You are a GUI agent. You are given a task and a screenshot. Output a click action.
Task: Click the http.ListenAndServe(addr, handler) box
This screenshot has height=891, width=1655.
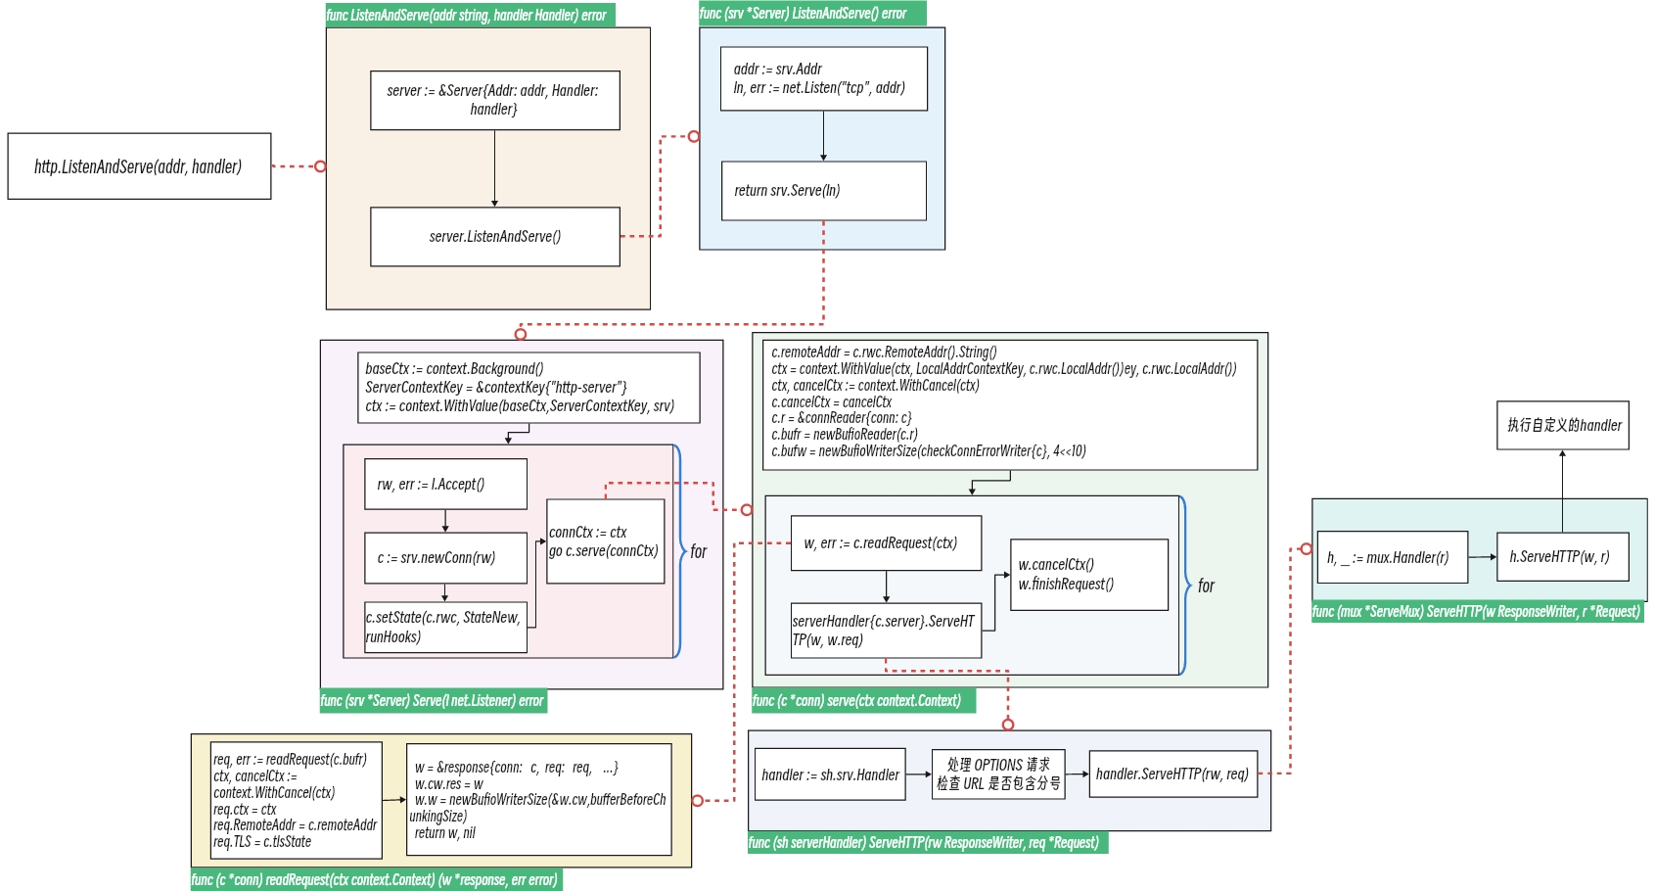pos(139,166)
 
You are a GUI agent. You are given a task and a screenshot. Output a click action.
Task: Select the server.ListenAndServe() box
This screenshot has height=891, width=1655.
pos(494,236)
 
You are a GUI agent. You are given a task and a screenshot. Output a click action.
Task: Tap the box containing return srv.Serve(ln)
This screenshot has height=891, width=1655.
pos(823,191)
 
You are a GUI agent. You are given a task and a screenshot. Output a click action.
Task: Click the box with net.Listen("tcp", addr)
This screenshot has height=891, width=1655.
pos(823,78)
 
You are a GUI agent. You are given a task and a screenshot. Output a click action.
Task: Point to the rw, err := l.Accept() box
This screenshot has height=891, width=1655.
pos(445,484)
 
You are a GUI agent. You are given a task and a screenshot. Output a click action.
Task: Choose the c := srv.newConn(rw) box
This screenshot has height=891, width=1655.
pos(445,558)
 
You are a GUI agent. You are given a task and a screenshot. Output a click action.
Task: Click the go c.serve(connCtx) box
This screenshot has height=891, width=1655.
pos(605,541)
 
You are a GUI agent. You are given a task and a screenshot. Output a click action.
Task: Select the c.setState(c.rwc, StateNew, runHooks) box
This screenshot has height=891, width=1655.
pos(445,628)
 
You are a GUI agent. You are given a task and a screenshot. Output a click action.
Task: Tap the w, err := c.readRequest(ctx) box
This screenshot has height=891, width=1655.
pos(885,543)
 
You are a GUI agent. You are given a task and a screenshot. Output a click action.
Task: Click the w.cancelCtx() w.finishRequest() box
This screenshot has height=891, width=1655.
pos(1088,575)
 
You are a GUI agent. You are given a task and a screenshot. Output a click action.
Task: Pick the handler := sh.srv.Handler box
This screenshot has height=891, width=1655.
pos(830,774)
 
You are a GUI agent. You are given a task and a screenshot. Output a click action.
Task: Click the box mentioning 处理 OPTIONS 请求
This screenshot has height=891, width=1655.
pos(997,774)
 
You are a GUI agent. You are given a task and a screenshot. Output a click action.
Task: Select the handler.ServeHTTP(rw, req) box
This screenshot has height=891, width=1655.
pos(1172,774)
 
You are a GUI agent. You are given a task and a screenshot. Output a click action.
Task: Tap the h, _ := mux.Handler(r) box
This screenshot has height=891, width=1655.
pos(1391,557)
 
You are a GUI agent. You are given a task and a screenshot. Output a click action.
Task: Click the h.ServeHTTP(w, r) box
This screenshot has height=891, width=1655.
pos(1562,557)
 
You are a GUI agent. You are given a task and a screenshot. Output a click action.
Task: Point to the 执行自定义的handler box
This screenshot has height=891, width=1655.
pos(1562,425)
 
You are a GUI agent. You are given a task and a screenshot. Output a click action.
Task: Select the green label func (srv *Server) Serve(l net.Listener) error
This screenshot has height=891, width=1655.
pos(433,701)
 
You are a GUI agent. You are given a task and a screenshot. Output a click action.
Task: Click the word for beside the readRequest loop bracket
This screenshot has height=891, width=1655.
pos(1206,586)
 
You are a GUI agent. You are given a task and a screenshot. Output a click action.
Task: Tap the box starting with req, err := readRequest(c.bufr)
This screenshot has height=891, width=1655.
pos(296,800)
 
